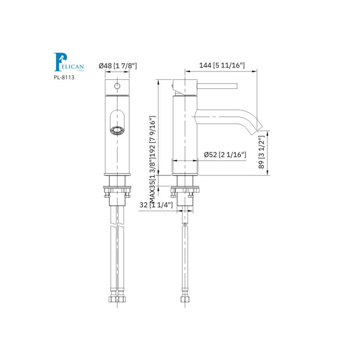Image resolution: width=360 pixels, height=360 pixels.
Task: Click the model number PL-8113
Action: tap(64, 77)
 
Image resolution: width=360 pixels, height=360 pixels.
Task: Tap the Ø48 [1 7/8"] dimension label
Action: tap(117, 66)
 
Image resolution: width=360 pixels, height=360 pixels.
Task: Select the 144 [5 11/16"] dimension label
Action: tap(222, 66)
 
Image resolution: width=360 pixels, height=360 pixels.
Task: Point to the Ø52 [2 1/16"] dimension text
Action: tap(225, 155)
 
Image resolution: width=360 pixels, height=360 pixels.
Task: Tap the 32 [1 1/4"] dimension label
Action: tap(156, 205)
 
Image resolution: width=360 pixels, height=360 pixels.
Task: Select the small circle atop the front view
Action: tap(117, 85)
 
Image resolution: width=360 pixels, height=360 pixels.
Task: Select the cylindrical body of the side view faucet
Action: tap(184, 135)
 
